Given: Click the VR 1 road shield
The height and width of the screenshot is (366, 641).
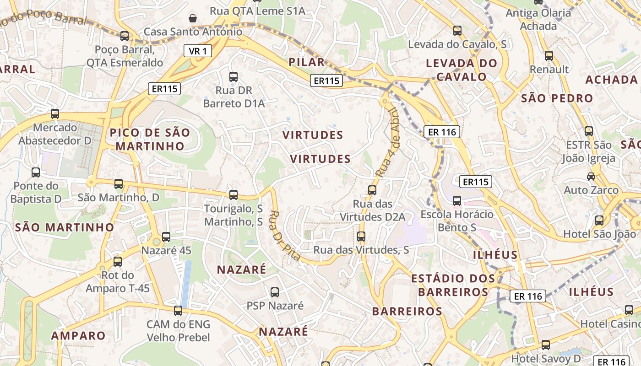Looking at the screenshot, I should tap(198, 51).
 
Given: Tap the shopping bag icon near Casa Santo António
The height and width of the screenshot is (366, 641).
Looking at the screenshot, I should tap(193, 18).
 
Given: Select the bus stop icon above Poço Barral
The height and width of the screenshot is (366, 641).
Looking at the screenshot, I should tap(124, 36).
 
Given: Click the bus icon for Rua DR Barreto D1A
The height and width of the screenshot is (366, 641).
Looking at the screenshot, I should tap(234, 76).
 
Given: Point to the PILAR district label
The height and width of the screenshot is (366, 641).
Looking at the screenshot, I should tap(307, 62).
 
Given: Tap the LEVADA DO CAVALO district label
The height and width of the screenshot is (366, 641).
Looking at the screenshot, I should tap(462, 70).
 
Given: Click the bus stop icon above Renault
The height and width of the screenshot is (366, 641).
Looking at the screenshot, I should tap(549, 56).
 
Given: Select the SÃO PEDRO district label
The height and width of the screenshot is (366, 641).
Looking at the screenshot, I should tap(557, 98).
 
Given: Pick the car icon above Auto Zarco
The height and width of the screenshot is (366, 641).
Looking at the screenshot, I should tap(591, 176).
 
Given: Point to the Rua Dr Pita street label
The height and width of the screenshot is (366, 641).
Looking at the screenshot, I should tap(285, 236).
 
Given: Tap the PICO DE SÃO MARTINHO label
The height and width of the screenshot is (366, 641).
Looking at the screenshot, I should tap(150, 140).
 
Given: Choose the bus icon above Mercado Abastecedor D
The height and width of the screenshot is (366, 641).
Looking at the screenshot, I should tap(55, 113).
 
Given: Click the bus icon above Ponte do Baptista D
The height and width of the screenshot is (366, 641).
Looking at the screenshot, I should tap(36, 172).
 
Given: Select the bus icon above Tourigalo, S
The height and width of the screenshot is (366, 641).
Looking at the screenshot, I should tap(234, 195).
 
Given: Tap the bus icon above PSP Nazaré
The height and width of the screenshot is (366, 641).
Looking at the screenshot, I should tap(275, 292).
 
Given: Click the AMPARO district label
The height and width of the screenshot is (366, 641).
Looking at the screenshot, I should tap(78, 335).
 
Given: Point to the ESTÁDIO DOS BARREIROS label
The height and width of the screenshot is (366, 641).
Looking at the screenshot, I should tap(453, 285).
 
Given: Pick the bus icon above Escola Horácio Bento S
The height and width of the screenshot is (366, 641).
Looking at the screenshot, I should tap(457, 200).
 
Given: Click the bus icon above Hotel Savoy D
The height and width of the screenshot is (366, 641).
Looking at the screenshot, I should tap(545, 344).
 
